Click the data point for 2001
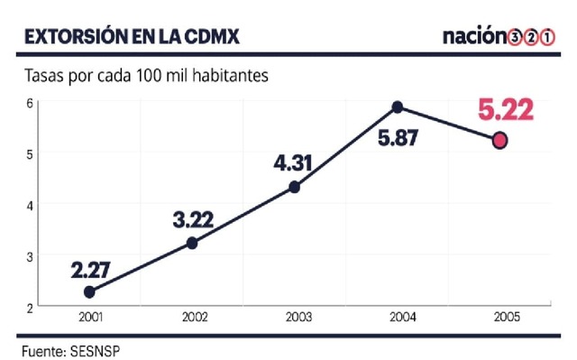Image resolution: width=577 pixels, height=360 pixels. pyautogui.click(x=89, y=292)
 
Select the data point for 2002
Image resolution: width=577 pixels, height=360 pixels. pyautogui.click(x=191, y=243)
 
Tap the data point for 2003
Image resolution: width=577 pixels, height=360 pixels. pyautogui.click(x=294, y=187)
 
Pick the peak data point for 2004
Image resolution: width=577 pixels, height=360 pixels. pyautogui.click(x=397, y=107)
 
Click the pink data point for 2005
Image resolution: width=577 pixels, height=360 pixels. pyautogui.click(x=499, y=141)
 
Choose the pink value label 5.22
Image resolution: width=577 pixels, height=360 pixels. pyautogui.click(x=505, y=111)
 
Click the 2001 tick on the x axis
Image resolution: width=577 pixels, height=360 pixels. pyautogui.click(x=89, y=318)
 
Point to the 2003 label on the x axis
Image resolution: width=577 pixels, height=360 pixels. pyautogui.click(x=294, y=318)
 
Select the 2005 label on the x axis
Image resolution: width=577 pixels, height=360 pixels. pyautogui.click(x=499, y=318)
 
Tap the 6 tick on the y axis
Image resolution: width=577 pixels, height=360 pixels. pyautogui.click(x=30, y=103)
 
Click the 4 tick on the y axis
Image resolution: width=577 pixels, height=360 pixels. pyautogui.click(x=30, y=205)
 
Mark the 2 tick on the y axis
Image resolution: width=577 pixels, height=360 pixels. pyautogui.click(x=30, y=308)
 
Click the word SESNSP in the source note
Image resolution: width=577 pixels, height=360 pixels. pyautogui.click(x=93, y=347)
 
